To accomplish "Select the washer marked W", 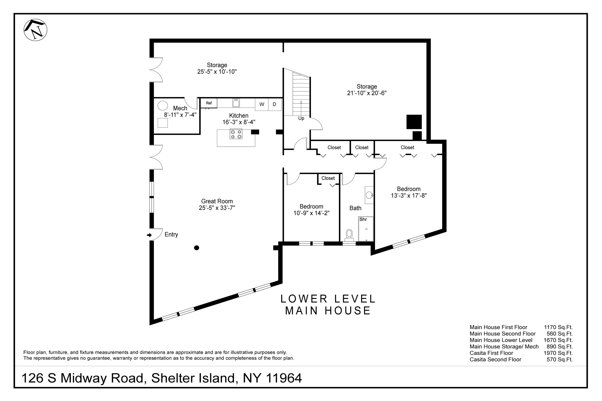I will (262, 104).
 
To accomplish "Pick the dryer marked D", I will (274, 104).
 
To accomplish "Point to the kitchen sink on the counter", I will (236, 103).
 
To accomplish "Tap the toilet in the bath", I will (349, 235).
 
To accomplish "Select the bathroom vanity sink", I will (369, 195).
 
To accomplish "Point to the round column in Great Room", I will (197, 248).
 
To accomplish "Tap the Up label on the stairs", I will (301, 118).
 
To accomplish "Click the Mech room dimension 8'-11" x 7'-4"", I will (180, 115).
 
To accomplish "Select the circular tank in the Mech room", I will (163, 105).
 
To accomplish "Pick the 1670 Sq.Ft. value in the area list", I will (558, 340).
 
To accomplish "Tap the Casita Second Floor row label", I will (495, 359).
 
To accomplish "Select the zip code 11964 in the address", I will (284, 378).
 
